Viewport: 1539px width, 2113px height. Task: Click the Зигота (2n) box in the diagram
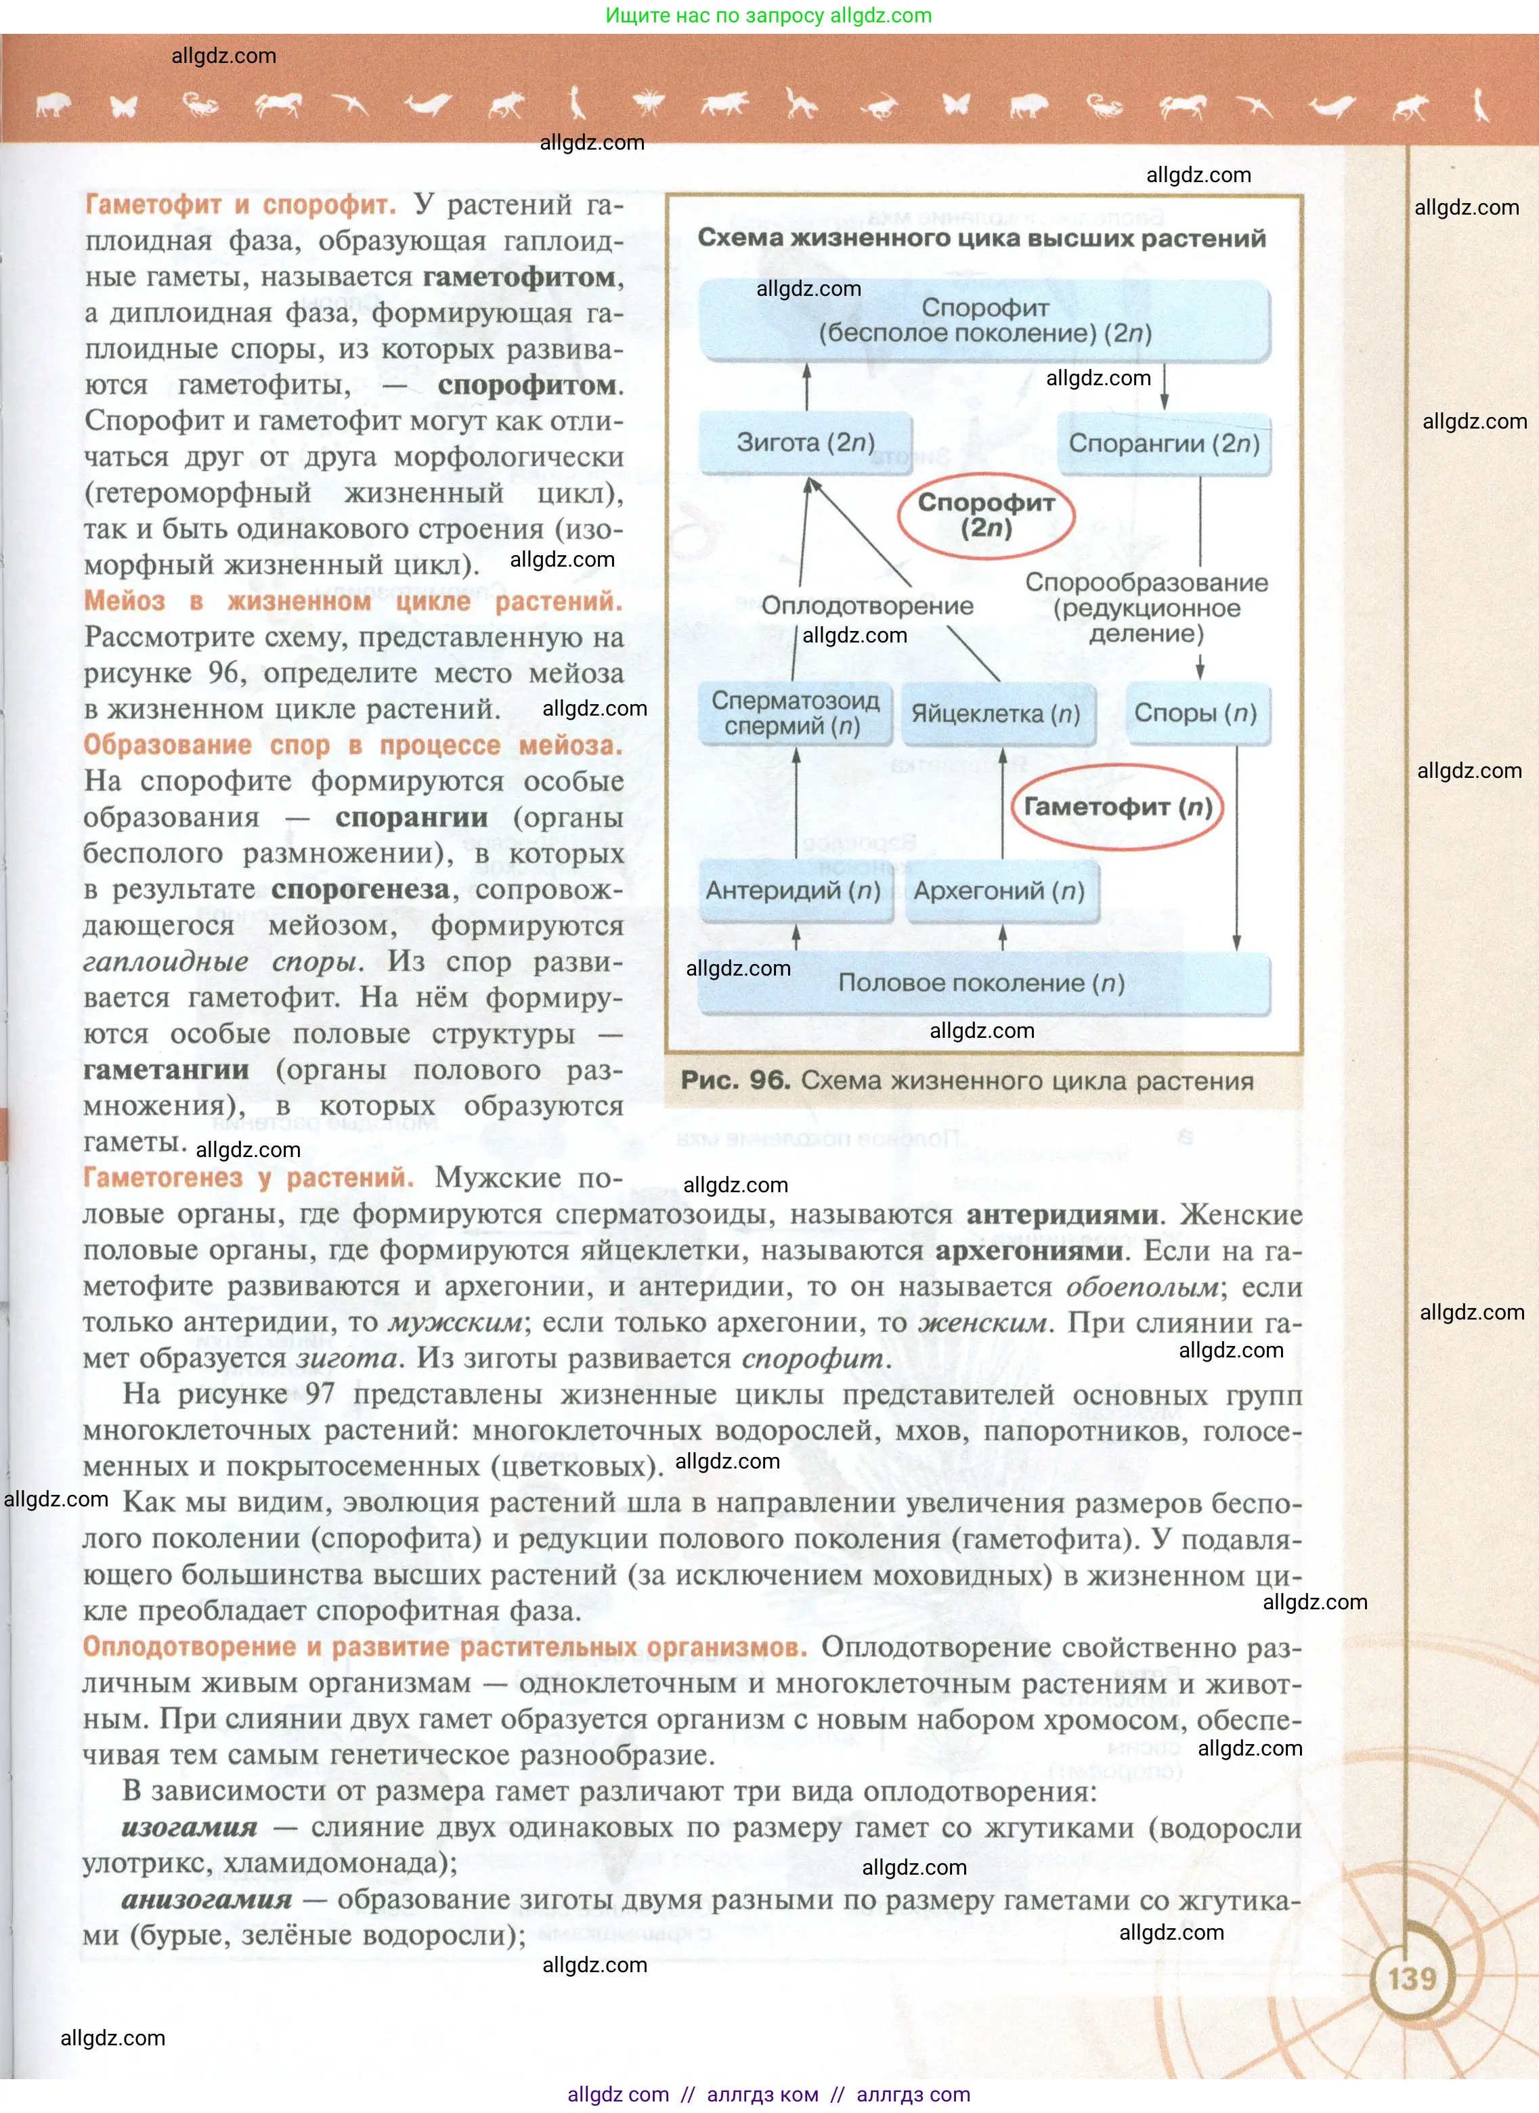tap(805, 443)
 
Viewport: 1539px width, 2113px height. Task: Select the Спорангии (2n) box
tap(1164, 443)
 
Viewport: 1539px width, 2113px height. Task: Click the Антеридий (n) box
tap(793, 891)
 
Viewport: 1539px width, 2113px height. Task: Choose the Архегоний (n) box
tap(999, 891)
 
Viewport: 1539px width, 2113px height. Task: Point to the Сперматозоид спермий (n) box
tap(795, 714)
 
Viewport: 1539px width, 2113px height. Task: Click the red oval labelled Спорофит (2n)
tap(986, 515)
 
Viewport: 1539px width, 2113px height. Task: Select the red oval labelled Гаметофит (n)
tap(1117, 807)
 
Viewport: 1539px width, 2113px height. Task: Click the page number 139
tap(1412, 1978)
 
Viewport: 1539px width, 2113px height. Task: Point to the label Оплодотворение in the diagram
tap(867, 605)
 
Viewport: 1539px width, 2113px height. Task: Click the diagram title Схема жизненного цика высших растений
tap(981, 238)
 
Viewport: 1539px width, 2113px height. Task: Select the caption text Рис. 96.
tap(735, 1081)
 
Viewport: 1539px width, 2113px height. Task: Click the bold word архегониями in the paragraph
tap(1028, 1251)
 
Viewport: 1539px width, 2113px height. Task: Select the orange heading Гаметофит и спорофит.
tap(240, 205)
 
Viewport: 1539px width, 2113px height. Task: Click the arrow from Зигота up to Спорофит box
tap(807, 387)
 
